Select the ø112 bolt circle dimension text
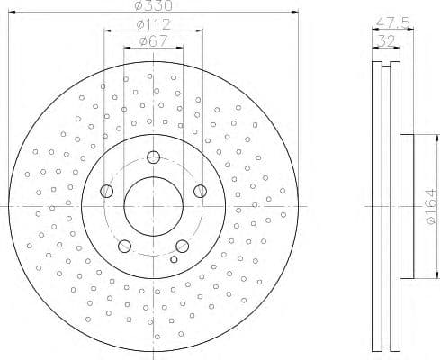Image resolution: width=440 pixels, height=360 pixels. tap(153, 24)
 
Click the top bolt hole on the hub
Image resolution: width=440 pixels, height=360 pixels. tap(153, 158)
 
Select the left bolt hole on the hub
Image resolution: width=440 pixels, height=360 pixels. tap(107, 191)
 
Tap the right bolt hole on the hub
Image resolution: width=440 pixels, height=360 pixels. tap(200, 190)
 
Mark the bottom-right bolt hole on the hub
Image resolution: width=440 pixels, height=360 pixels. tap(182, 245)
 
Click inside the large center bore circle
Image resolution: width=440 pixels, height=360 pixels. tap(153, 206)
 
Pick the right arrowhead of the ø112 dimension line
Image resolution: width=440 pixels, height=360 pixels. tap(201, 30)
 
